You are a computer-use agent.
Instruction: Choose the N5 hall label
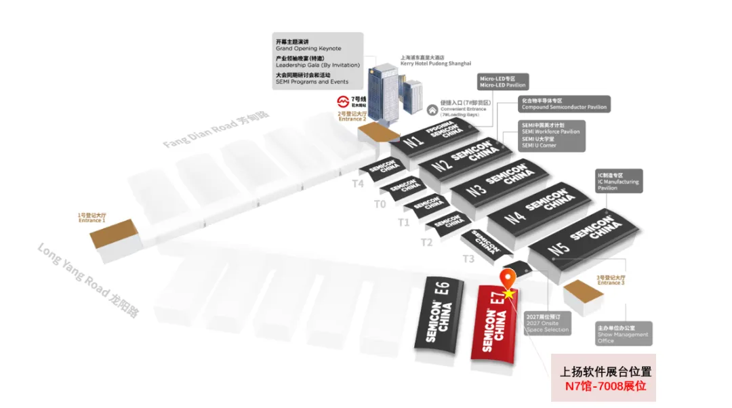[x=558, y=249]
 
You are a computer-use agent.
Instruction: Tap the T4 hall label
[x=358, y=183]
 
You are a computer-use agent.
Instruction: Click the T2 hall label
[x=426, y=242]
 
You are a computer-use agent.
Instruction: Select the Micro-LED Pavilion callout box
[x=502, y=82]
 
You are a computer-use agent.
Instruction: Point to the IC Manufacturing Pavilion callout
[x=618, y=181]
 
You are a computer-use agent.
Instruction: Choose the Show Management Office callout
[x=623, y=333]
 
